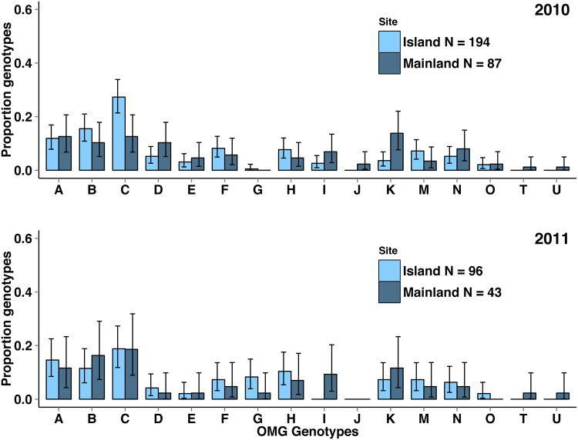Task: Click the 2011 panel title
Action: pyautogui.click(x=549, y=240)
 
